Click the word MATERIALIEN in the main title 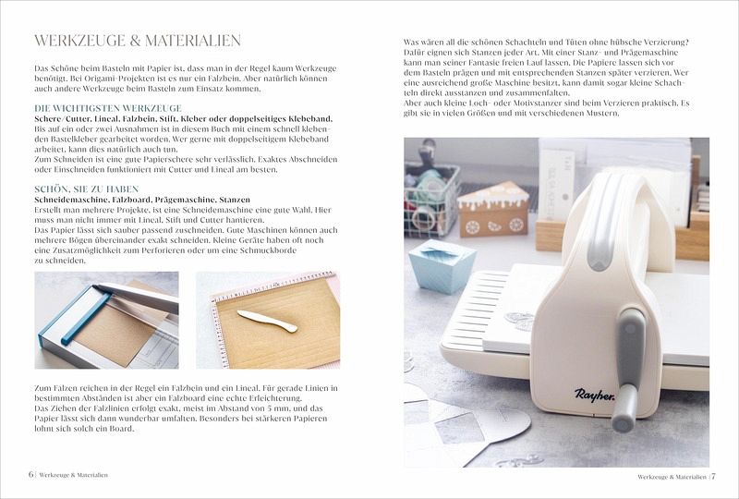pyautogui.click(x=193, y=41)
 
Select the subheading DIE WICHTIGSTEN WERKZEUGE pyautogui.click(x=108, y=108)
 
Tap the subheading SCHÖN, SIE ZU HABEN pyautogui.click(x=87, y=189)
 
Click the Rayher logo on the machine pyautogui.click(x=594, y=395)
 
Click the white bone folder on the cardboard pyautogui.click(x=267, y=321)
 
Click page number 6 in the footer pyautogui.click(x=30, y=474)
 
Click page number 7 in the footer pyautogui.click(x=713, y=477)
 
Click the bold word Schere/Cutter pyautogui.click(x=62, y=119)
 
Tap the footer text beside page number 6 pyautogui.click(x=74, y=475)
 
